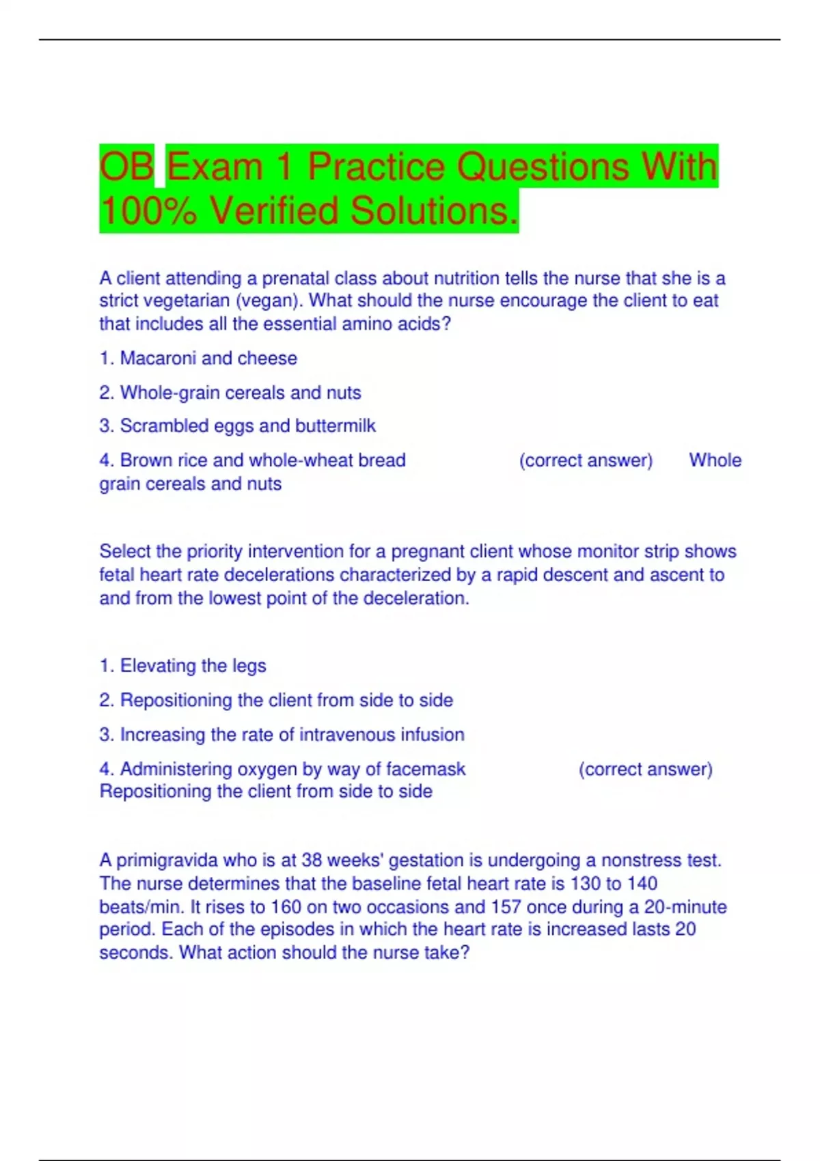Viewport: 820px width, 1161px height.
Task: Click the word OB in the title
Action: (126, 167)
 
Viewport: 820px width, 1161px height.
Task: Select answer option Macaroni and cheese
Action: (198, 359)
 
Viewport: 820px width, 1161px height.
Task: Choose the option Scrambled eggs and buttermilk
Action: (237, 426)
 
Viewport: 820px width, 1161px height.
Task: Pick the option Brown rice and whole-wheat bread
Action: (252, 460)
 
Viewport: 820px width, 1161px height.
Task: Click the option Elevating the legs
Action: (182, 666)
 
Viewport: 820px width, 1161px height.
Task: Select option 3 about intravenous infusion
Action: (282, 735)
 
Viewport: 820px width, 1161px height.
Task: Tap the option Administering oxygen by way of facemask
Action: (282, 770)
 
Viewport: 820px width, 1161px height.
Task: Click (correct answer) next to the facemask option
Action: (645, 770)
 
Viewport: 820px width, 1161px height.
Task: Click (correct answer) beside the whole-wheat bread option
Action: (586, 460)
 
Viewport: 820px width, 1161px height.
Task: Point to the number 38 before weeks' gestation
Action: (312, 861)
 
